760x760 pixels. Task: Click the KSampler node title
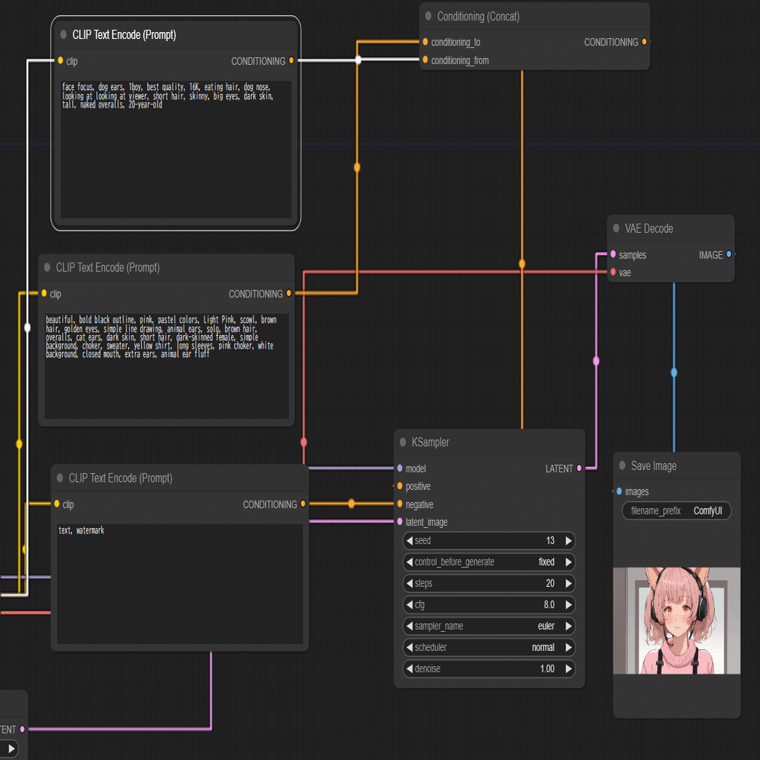[x=430, y=442]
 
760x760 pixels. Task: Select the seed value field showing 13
[x=488, y=540]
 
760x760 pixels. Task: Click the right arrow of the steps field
[x=568, y=583]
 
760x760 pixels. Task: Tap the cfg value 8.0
[x=549, y=604]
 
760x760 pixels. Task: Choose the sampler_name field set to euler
[x=488, y=626]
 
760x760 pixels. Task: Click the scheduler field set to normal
[x=488, y=647]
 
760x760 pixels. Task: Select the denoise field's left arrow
[x=410, y=668]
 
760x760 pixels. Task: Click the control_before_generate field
[x=488, y=562]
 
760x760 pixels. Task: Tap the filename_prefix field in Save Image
[x=676, y=510]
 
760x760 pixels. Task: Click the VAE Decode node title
[x=649, y=228]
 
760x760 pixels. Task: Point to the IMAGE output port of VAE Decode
[x=729, y=254]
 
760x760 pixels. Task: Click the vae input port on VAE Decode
[x=613, y=272]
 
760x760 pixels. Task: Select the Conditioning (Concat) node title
[x=478, y=17]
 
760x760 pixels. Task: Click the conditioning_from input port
[x=425, y=60]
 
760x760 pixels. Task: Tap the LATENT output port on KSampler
[x=579, y=469]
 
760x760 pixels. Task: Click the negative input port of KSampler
[x=400, y=504]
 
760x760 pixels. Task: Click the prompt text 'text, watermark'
[x=82, y=530]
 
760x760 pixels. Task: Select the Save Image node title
[x=653, y=465]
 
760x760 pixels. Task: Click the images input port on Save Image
[x=619, y=491]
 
